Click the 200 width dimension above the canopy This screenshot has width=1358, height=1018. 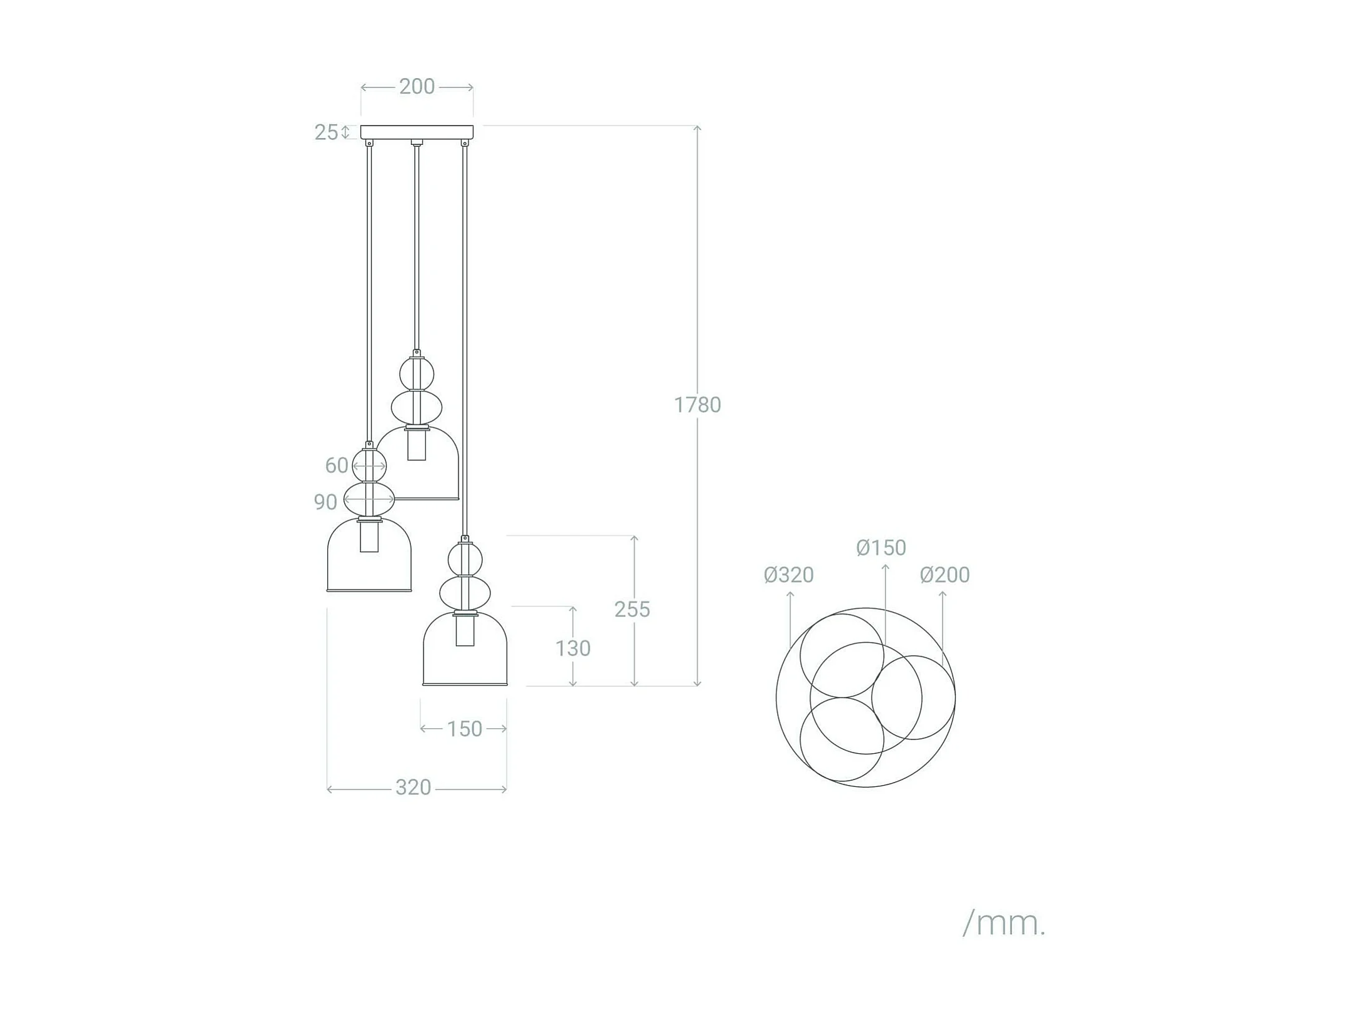417,87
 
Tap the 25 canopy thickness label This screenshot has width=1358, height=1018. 326,132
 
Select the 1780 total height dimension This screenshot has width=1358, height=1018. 697,405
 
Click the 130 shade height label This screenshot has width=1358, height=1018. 573,648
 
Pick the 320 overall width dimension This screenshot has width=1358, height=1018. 413,788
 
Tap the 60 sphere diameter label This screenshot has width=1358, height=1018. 336,465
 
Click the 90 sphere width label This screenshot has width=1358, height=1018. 325,502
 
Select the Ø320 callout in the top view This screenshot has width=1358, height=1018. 788,575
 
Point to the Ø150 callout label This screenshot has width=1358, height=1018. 881,548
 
